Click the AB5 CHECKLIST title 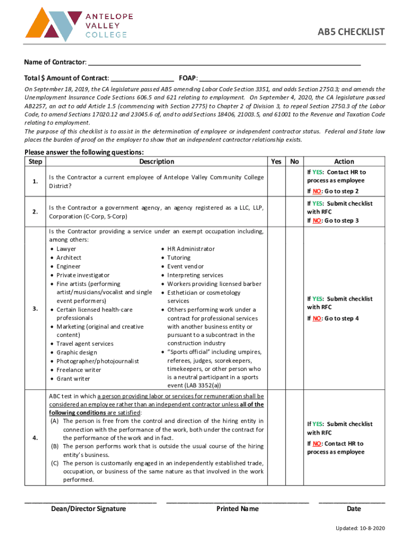(x=351, y=32)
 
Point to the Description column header (x=156, y=161)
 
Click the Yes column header (x=276, y=161)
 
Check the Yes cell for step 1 (x=276, y=182)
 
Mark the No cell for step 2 (x=294, y=212)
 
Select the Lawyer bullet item (x=66, y=249)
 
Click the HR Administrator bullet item (x=191, y=249)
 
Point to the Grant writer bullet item (x=73, y=379)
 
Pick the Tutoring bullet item (x=182, y=258)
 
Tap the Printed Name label (x=237, y=509)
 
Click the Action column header (x=344, y=161)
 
